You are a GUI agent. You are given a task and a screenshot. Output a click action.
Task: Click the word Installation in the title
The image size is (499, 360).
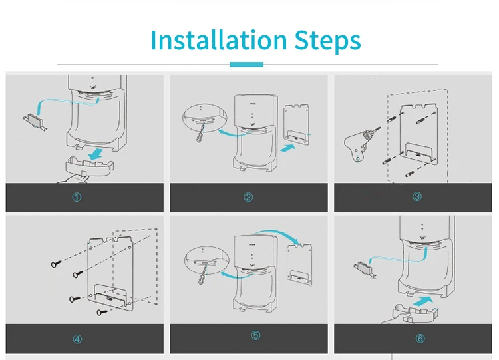click(x=219, y=40)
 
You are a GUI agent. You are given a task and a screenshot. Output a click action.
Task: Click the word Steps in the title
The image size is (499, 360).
click(x=328, y=41)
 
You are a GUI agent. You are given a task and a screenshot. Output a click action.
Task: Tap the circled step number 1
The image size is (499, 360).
click(x=77, y=198)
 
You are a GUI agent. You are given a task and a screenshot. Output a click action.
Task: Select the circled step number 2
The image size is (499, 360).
click(x=248, y=197)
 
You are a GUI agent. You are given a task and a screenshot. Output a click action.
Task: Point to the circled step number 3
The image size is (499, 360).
click(x=417, y=196)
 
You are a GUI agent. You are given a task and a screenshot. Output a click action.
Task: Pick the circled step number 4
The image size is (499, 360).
click(x=77, y=339)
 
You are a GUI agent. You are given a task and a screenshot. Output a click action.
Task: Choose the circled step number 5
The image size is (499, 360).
click(x=256, y=335)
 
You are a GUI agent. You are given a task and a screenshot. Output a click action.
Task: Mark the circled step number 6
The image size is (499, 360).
click(x=420, y=338)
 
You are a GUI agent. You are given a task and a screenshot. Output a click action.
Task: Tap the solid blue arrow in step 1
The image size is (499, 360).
click(x=95, y=154)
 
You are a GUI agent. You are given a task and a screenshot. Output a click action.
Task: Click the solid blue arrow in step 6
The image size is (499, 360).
click(x=423, y=301)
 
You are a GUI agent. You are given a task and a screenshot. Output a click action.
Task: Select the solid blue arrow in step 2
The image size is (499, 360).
click(x=287, y=148)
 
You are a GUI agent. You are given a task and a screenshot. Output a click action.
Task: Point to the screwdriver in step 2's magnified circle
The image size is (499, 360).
click(x=200, y=134)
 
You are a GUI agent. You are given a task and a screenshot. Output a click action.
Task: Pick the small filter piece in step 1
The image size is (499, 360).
click(x=35, y=122)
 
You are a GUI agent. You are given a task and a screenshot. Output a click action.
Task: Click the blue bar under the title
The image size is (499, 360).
click(x=247, y=65)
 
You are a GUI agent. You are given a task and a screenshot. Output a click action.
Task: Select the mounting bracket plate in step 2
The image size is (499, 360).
click(x=296, y=124)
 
